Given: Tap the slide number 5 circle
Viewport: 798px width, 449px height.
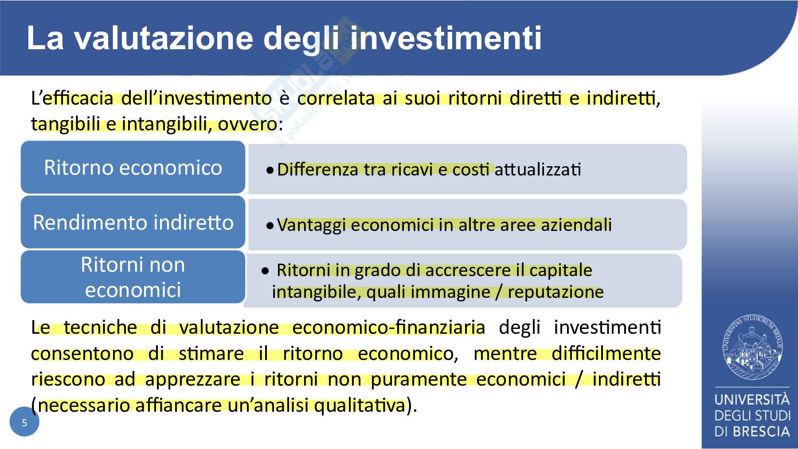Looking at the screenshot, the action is [x=24, y=422].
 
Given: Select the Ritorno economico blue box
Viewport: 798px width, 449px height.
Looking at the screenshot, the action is [x=133, y=168].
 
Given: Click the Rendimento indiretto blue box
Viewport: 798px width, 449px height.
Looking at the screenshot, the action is [x=133, y=222].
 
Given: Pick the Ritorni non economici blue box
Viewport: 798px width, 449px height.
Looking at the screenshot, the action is [x=133, y=277].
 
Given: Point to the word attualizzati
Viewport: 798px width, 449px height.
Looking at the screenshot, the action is [x=537, y=170].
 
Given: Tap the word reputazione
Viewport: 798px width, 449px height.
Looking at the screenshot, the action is [x=556, y=292].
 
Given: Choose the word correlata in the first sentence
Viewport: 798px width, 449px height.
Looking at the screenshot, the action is [x=336, y=98].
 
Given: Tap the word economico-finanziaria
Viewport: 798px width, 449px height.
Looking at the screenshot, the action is [x=389, y=328].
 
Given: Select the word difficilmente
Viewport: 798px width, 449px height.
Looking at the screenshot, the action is [x=606, y=354].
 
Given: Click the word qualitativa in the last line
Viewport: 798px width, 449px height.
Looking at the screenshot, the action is [x=360, y=406].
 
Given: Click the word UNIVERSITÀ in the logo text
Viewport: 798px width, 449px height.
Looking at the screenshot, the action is [x=752, y=400].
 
